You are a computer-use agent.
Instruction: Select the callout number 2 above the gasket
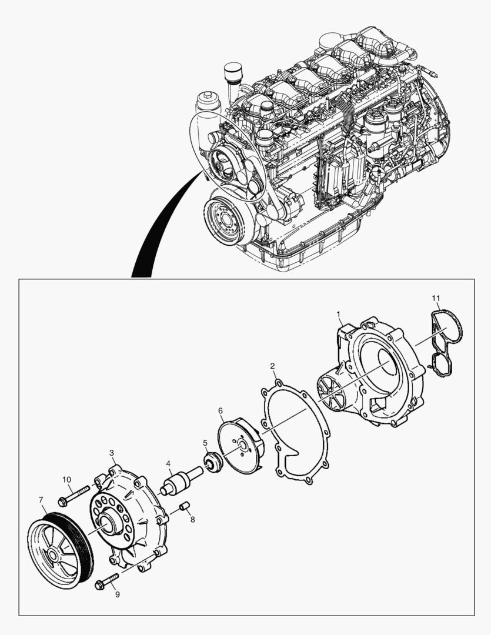(273, 366)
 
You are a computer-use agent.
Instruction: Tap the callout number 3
(112, 453)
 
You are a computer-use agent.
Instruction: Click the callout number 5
(205, 443)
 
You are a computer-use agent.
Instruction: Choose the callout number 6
(220, 410)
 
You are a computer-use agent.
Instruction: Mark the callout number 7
(41, 500)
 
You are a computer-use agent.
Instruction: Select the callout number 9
(117, 594)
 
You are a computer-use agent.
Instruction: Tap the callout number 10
(66, 480)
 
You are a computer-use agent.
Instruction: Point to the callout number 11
(435, 299)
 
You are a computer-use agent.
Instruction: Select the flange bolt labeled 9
(106, 580)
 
